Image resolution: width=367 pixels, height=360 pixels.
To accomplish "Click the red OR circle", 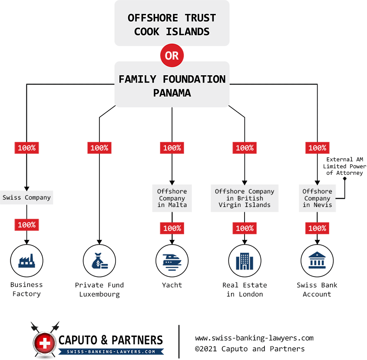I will click(x=172, y=56).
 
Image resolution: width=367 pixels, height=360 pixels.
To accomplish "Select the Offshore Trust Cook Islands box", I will click(x=172, y=24).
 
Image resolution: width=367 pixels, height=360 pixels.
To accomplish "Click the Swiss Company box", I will click(x=26, y=197).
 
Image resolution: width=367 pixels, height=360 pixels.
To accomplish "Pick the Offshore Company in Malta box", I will click(x=172, y=198).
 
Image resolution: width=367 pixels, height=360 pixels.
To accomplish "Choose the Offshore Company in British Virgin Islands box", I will click(x=245, y=198).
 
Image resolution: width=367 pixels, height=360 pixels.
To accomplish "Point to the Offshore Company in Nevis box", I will click(x=317, y=198).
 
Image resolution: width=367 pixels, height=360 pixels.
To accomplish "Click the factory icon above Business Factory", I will click(x=26, y=261).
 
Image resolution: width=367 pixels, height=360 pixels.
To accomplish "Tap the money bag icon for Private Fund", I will click(x=99, y=261).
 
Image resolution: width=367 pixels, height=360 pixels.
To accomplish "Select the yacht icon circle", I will click(x=172, y=261).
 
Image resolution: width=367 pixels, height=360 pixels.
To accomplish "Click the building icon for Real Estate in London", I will click(x=245, y=261).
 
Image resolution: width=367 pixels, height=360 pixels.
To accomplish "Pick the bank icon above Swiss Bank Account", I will click(x=317, y=261).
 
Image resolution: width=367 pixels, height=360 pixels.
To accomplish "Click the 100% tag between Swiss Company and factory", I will click(x=26, y=225).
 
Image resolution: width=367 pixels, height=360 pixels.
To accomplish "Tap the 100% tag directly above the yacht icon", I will click(x=172, y=228).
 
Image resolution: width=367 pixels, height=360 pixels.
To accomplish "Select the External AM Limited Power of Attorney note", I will click(x=346, y=166).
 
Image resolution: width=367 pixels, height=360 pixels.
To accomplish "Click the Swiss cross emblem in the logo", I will click(x=44, y=343).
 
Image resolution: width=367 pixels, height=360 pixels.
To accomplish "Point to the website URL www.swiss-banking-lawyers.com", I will click(x=254, y=338).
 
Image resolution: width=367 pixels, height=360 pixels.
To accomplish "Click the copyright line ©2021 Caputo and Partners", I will click(x=250, y=349).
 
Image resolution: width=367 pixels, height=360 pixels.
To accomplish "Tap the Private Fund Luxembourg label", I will click(x=99, y=290).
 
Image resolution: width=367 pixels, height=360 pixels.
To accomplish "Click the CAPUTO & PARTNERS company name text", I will click(x=111, y=340).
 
